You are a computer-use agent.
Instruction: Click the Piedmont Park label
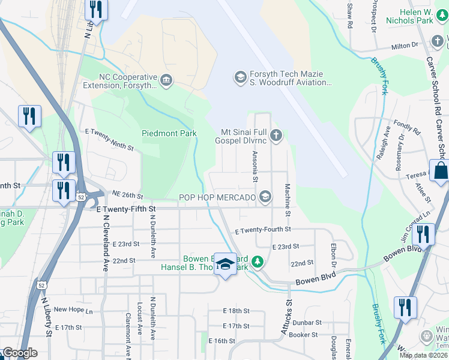click(169, 133)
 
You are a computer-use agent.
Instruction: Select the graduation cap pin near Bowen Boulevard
click(225, 264)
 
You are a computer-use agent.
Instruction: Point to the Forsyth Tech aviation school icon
click(240, 77)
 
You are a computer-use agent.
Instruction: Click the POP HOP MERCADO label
click(218, 197)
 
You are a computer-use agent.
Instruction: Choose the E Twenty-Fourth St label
click(263, 230)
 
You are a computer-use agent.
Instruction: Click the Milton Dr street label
click(405, 46)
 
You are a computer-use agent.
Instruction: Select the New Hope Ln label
click(73, 310)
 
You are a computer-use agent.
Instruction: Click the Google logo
click(20, 353)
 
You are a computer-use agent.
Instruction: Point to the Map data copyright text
click(424, 355)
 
